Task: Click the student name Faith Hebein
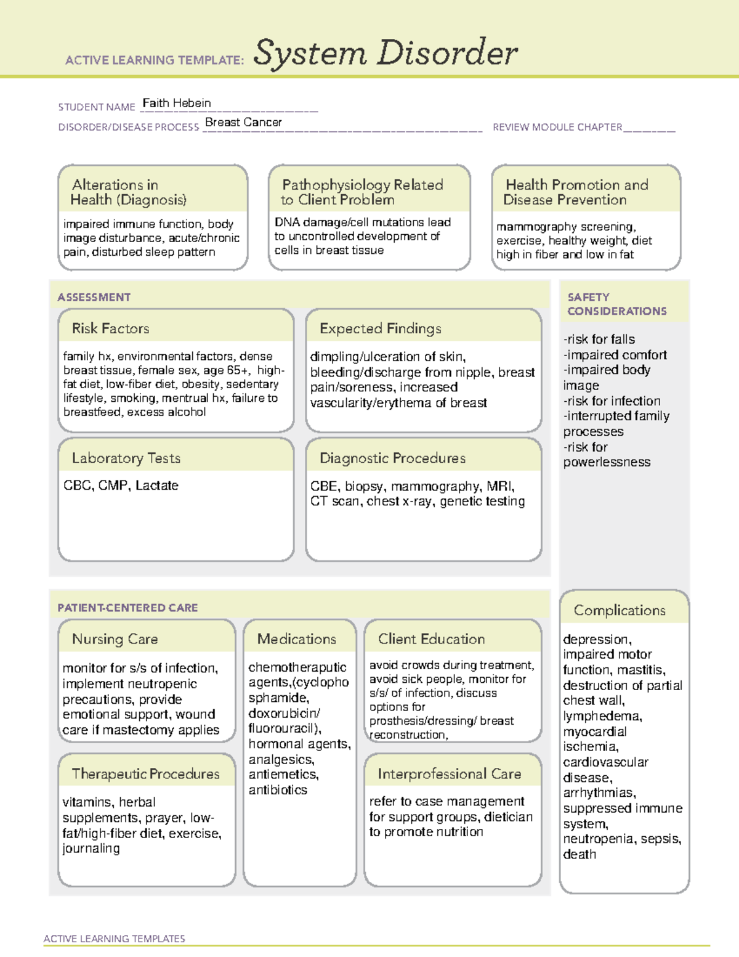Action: [x=177, y=104]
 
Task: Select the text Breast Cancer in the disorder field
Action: [x=243, y=123]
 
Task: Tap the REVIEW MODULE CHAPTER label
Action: [x=557, y=128]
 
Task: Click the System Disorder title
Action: [x=386, y=53]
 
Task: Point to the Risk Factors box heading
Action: [x=110, y=328]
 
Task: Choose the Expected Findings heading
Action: [x=380, y=328]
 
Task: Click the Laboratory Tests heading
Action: [x=126, y=458]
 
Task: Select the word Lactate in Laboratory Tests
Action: [x=157, y=486]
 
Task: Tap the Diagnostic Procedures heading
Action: [x=392, y=458]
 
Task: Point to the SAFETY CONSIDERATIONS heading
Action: [x=616, y=304]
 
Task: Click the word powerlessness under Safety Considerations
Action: [x=607, y=462]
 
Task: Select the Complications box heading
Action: [x=620, y=610]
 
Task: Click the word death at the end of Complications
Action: [x=579, y=855]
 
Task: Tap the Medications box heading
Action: [x=297, y=639]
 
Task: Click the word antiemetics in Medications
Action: [x=283, y=775]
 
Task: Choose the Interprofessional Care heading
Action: [x=449, y=774]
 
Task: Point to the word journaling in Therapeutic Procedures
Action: [x=91, y=849]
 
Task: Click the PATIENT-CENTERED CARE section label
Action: [x=127, y=608]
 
